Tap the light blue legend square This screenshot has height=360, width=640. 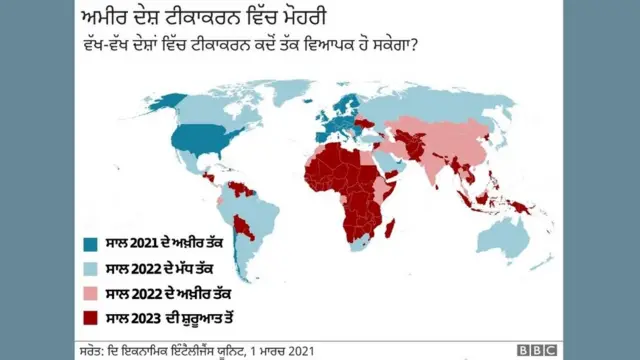pos(91,269)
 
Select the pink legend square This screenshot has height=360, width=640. pos(91,293)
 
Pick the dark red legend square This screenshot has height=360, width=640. pos(91,317)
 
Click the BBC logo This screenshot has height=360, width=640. pos(536,350)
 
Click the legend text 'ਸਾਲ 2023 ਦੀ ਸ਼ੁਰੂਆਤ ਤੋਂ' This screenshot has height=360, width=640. pos(172,317)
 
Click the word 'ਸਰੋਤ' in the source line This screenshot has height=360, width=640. pos(91,350)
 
